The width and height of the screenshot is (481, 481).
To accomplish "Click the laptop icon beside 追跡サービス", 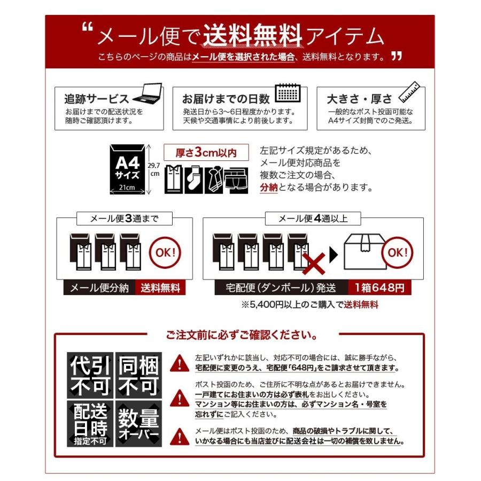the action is coord(148,93).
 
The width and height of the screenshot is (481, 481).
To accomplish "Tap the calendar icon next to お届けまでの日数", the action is coord(288,92).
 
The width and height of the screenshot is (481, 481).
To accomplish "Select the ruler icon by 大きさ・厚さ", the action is coord(409,92).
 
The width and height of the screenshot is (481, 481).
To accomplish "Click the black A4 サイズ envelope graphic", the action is coord(127,169).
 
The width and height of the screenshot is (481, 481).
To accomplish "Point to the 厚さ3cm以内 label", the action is coord(206,152).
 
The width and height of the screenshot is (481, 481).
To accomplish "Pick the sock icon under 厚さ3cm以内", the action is coord(193,180).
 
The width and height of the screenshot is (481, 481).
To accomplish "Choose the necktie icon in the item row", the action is coord(214,180).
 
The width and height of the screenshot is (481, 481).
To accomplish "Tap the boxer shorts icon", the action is coord(236,181).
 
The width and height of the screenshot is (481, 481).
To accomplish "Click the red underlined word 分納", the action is coord(269,187).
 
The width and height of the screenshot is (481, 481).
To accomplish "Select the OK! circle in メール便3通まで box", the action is coord(165,253).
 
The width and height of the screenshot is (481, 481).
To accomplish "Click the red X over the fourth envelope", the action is coord(314,263).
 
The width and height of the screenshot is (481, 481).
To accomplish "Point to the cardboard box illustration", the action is coord(365,252).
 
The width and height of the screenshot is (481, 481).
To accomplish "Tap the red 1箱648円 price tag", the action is coord(379,288).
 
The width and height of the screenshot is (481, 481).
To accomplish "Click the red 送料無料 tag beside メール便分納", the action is coord(160,288).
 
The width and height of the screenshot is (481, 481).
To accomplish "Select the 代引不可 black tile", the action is coord(90,375).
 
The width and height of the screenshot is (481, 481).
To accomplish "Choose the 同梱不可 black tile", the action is coord(138,375).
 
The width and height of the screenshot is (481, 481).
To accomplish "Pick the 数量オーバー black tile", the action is coord(138,423).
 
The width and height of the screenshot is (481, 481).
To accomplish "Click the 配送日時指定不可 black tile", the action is coord(90,423).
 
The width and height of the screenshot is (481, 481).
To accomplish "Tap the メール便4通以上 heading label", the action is coord(313,219).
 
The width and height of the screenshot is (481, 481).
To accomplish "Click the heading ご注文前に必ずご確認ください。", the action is coord(242,335).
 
